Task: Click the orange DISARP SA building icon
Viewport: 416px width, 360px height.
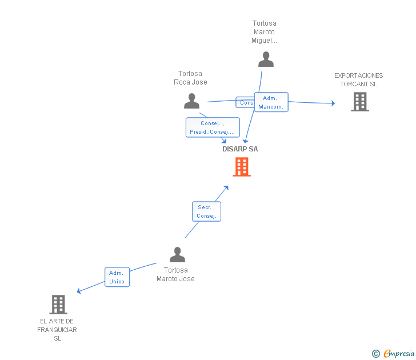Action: tap(242, 167)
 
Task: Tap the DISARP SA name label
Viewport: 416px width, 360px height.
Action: tap(240, 149)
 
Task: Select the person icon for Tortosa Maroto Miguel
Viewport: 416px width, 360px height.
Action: tap(266, 59)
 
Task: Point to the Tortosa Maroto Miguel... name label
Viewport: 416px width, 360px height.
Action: tap(265, 32)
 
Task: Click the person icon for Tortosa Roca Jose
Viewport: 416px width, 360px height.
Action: tap(191, 101)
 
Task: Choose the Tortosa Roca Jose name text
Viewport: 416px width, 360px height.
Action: tap(190, 78)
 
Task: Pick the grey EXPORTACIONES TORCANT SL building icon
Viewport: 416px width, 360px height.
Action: tap(359, 102)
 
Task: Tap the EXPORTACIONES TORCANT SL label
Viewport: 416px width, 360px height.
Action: tap(358, 79)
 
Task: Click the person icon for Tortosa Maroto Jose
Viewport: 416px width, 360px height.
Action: tap(178, 254)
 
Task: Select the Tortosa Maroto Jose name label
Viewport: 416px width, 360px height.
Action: tap(176, 274)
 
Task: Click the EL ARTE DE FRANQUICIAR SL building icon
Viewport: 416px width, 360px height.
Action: tap(58, 305)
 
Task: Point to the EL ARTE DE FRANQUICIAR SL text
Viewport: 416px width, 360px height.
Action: tap(57, 330)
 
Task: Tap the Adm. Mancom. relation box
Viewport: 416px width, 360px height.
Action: tap(271, 102)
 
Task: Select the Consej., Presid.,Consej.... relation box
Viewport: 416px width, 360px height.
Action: tap(213, 127)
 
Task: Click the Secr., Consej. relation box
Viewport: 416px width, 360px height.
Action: tap(206, 211)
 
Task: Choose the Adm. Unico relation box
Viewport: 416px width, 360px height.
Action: tap(117, 277)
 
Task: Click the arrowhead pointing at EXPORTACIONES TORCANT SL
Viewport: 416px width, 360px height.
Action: tap(333, 103)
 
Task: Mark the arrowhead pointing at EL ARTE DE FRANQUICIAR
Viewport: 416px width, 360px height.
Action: tap(79, 291)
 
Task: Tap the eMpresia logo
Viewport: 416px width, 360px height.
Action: tap(399, 353)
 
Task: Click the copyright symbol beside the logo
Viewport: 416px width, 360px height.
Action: tap(375, 354)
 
